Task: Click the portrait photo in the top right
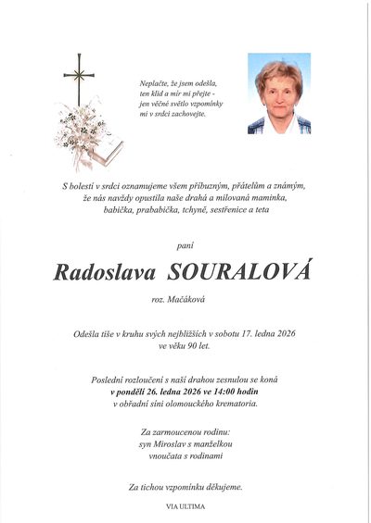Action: (278, 93)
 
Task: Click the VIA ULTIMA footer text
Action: (185, 507)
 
